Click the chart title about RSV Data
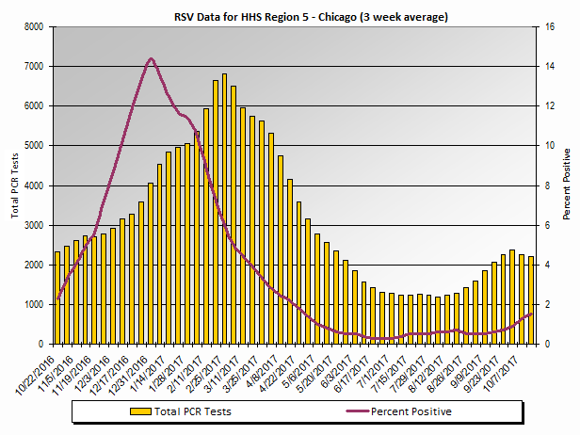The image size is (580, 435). click(x=297, y=16)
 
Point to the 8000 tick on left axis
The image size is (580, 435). click(x=32, y=27)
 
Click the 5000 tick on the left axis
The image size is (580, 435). click(x=32, y=146)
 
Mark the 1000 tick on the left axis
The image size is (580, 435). click(x=32, y=305)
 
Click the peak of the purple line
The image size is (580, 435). click(x=151, y=58)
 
